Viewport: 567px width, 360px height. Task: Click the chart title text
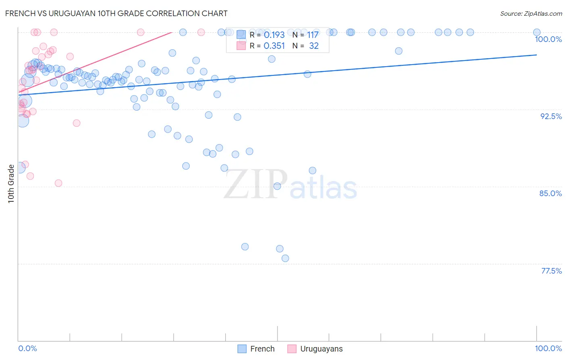[x=116, y=13]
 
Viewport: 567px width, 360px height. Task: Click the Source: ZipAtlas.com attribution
[x=531, y=14]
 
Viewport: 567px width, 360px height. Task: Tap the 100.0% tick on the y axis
[x=548, y=39]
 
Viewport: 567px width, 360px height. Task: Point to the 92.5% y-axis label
[x=551, y=116]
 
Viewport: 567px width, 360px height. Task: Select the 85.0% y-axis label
[x=550, y=193]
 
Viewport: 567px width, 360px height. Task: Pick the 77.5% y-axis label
[x=551, y=271]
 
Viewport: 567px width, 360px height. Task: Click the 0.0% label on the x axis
[x=27, y=348]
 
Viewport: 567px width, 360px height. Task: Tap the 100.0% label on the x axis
[x=548, y=348]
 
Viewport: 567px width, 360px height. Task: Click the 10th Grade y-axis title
[x=11, y=183]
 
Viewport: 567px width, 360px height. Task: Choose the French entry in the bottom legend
[x=262, y=349]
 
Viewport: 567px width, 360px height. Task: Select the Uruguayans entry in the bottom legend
[x=321, y=349]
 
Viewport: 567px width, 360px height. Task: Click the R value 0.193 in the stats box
[x=274, y=35]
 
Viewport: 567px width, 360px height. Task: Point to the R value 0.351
[x=274, y=46]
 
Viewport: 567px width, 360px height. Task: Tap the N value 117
[x=313, y=35]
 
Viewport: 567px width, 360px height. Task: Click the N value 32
[x=314, y=46]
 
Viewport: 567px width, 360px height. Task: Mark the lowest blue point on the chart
[x=285, y=258]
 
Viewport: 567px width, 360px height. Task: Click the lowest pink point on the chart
[x=58, y=183]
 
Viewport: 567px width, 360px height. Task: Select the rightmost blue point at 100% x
[x=537, y=32]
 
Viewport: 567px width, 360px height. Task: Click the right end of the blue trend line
[x=537, y=54]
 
